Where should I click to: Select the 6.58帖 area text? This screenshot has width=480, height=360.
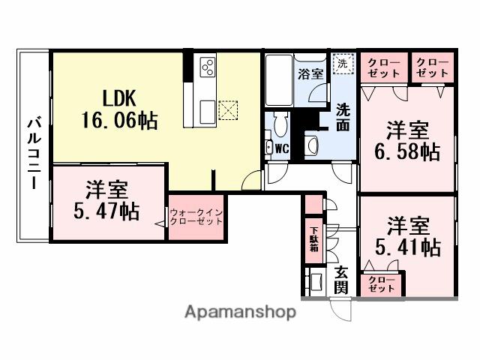[408, 151]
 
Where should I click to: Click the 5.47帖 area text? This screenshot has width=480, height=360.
[106, 211]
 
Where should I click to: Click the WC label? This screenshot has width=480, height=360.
[281, 148]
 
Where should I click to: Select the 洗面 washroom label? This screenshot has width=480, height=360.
[342, 117]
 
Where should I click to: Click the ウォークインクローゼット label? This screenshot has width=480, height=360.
[196, 217]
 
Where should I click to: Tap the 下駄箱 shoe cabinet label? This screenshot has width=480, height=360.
[313, 238]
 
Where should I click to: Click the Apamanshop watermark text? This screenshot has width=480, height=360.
[240, 311]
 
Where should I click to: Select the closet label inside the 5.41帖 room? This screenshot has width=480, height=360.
[382, 284]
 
